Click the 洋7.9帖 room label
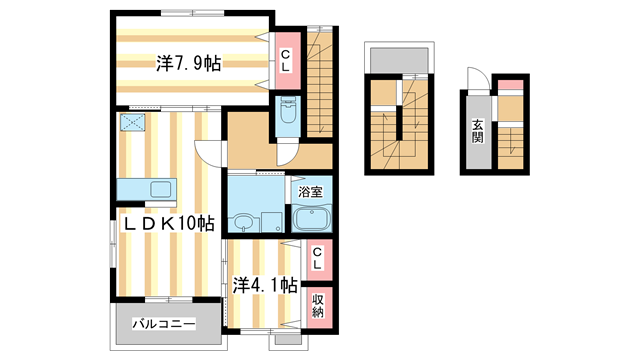tap(189, 63)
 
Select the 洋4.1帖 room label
tap(264, 284)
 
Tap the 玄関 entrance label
tap(478, 131)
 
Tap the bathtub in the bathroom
tap(311, 218)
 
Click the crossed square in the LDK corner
tap(131, 125)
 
